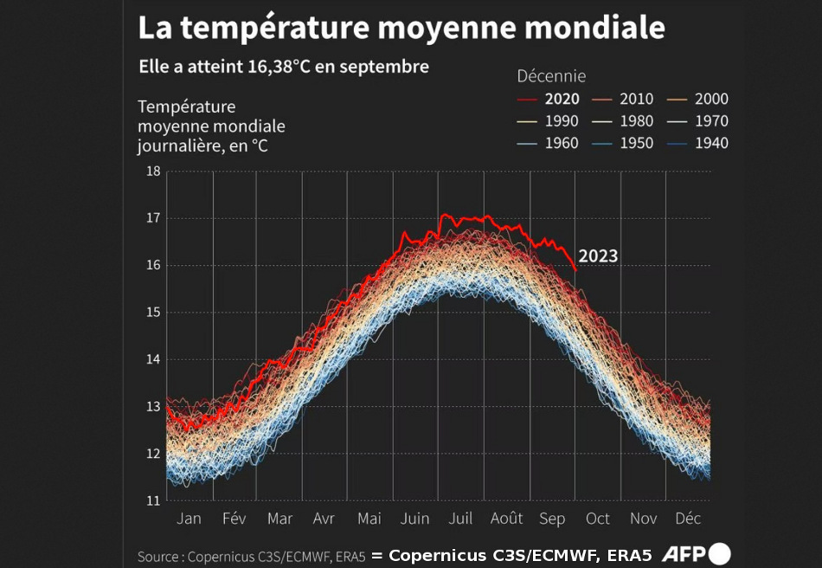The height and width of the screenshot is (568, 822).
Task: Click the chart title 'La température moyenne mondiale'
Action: point(401,28)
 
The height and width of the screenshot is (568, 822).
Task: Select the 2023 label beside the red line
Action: point(598,255)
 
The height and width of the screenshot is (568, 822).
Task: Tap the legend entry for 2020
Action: point(562,99)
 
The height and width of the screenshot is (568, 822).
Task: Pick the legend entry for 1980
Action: point(636,121)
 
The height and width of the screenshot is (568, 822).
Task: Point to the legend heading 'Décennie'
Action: point(551,76)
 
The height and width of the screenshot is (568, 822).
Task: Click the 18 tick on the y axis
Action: point(152,171)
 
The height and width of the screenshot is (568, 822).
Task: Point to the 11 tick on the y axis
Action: point(152,500)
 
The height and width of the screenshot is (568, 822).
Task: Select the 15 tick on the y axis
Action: point(152,312)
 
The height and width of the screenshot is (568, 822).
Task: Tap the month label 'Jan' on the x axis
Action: point(189,519)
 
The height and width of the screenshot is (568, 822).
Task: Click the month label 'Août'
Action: point(506,519)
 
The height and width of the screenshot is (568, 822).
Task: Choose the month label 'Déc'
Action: point(688,519)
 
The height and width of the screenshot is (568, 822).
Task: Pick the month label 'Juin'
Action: point(415,519)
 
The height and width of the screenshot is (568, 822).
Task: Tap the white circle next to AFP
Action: point(720,554)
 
